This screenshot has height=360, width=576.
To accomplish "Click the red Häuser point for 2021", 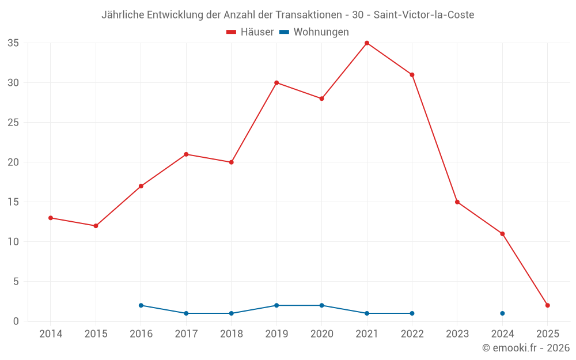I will point(367,43).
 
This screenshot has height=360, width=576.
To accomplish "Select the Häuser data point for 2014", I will point(51,218).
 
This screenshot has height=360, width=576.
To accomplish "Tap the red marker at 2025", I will point(548,305).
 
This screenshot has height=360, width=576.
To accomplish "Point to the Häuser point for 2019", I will point(276,83).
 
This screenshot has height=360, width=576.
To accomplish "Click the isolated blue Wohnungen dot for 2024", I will point(502,313).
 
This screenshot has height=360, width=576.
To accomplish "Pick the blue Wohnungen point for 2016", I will point(141,305).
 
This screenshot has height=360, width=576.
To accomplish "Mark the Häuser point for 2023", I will point(457,202).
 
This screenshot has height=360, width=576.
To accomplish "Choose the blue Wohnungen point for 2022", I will point(412,313).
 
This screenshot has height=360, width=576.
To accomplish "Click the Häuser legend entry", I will point(250,32).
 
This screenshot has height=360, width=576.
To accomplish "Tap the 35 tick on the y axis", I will point(13,43).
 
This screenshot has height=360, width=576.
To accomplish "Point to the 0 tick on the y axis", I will point(16,321).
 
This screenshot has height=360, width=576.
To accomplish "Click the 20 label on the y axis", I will point(13,162).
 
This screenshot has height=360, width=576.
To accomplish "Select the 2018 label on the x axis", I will point(232,334).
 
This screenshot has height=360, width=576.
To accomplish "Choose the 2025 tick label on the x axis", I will point(548,334).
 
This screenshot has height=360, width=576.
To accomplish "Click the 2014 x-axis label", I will point(51,334).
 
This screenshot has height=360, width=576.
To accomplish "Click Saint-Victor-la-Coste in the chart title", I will point(423,15).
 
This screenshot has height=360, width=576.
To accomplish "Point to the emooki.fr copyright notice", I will point(526,348).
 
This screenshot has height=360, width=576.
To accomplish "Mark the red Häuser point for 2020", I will point(321,98).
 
